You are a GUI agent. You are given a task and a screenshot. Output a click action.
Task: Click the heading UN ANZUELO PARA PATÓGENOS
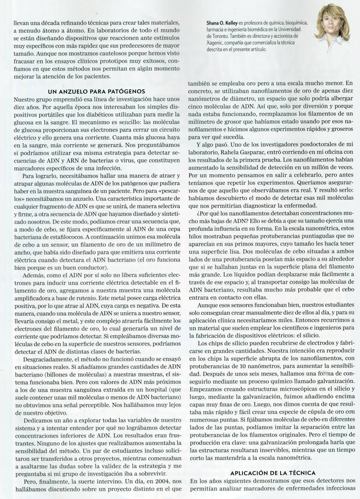97,91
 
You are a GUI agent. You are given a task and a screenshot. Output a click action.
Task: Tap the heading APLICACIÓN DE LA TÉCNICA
273,473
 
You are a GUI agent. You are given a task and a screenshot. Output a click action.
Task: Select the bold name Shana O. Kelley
222,23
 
